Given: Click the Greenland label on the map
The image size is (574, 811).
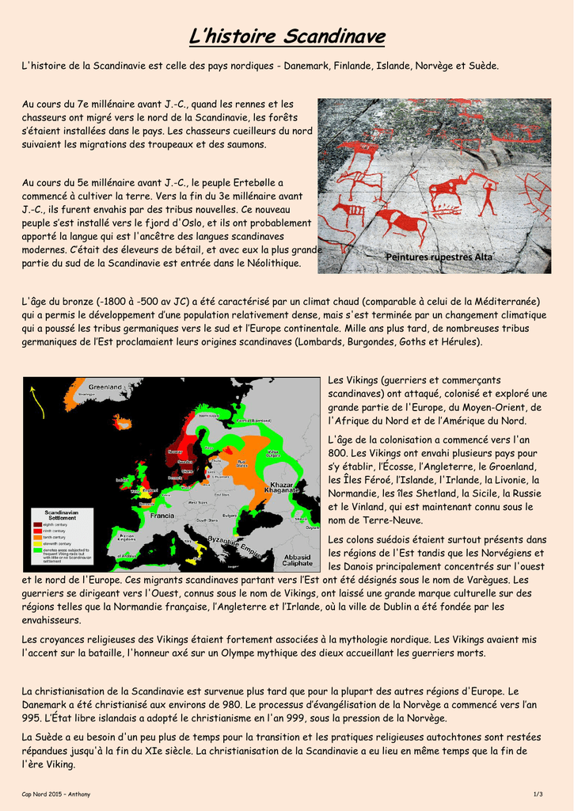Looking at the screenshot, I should tap(105, 386).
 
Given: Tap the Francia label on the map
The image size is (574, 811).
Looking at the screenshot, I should tap(162, 515).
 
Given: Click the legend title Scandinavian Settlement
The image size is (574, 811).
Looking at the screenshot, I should tap(61, 515).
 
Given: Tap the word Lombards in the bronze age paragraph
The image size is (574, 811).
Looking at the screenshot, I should tap(321, 341).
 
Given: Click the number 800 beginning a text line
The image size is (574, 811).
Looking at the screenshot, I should tap(338, 453).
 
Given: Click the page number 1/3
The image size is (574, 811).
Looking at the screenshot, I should tap(538, 794).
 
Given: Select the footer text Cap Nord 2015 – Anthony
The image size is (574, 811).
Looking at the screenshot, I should tap(56, 794).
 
